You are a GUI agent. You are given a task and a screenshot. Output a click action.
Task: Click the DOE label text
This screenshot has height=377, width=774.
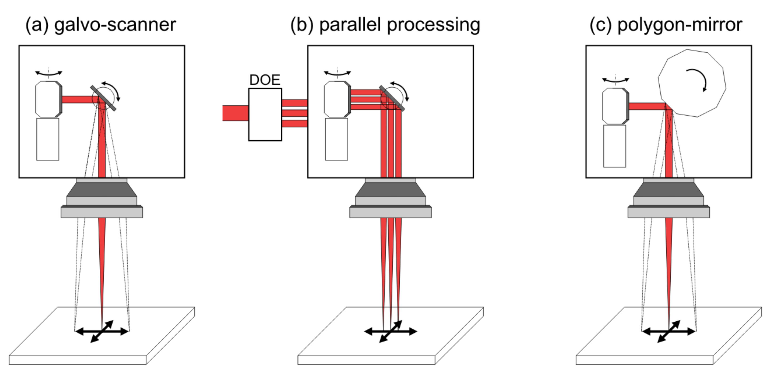(x=265, y=80)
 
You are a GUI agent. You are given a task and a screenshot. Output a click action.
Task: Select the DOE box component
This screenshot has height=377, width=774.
(x=265, y=114)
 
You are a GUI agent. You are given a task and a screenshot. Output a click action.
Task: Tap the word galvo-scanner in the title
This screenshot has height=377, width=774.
(x=115, y=25)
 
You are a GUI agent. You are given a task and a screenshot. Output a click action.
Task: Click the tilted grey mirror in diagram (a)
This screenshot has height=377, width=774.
(x=103, y=98)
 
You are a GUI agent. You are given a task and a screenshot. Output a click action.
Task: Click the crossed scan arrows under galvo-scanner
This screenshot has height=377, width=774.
(x=102, y=331)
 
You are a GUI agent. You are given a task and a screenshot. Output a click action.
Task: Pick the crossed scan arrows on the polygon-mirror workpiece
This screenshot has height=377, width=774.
(x=669, y=331)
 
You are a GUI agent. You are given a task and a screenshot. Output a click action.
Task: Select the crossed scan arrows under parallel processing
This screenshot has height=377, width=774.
(x=391, y=331)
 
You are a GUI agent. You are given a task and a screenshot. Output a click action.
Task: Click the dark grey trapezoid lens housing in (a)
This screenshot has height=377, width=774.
(x=102, y=189)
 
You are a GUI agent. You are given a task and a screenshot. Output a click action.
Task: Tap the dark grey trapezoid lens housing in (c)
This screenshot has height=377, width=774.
(x=668, y=189)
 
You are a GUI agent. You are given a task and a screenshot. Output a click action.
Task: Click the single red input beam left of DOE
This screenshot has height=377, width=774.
(x=235, y=113)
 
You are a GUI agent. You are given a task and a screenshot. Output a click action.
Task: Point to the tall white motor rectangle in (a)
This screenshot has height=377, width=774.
(x=48, y=139)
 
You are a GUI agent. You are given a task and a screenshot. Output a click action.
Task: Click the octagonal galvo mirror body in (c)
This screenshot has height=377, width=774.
(x=615, y=106)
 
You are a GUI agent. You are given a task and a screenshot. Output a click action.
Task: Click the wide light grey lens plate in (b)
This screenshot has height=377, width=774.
(x=390, y=212)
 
